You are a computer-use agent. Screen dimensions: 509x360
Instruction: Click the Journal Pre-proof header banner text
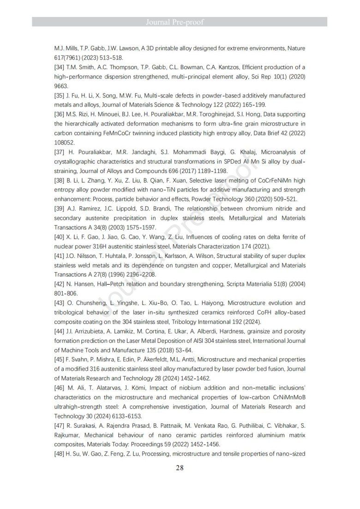pyautogui.click(x=180, y=22)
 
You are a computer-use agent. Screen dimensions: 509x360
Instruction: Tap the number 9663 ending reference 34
pyautogui.click(x=62, y=86)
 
